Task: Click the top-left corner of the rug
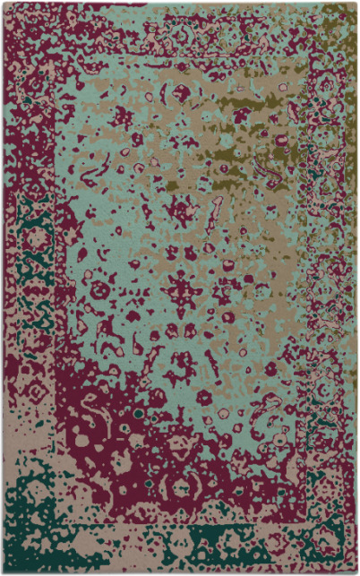pos(3,3)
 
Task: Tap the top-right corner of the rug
pos(356,3)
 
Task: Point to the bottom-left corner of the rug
pos(3,572)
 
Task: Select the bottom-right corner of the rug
pos(356,572)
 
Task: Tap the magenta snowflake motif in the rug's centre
pos(183,291)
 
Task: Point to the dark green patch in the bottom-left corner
pos(22,502)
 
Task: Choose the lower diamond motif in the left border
pos(36,390)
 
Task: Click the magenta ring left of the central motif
pos(99,291)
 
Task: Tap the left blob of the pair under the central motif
pos(168,331)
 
